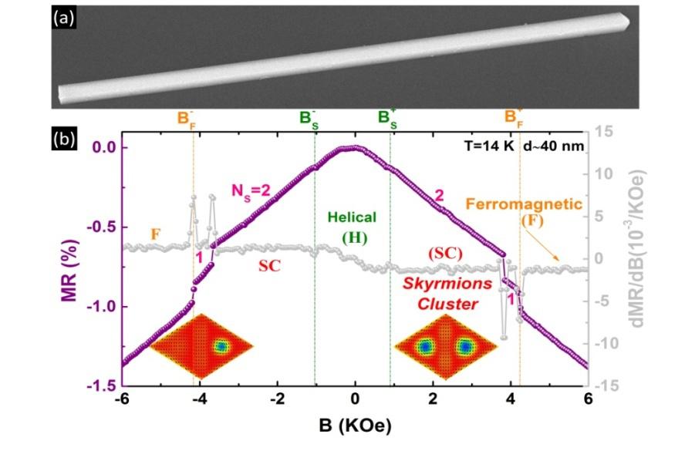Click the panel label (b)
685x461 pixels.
pos(63,140)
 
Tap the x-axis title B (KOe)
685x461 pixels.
pos(354,426)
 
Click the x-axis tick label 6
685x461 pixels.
pos(587,399)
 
